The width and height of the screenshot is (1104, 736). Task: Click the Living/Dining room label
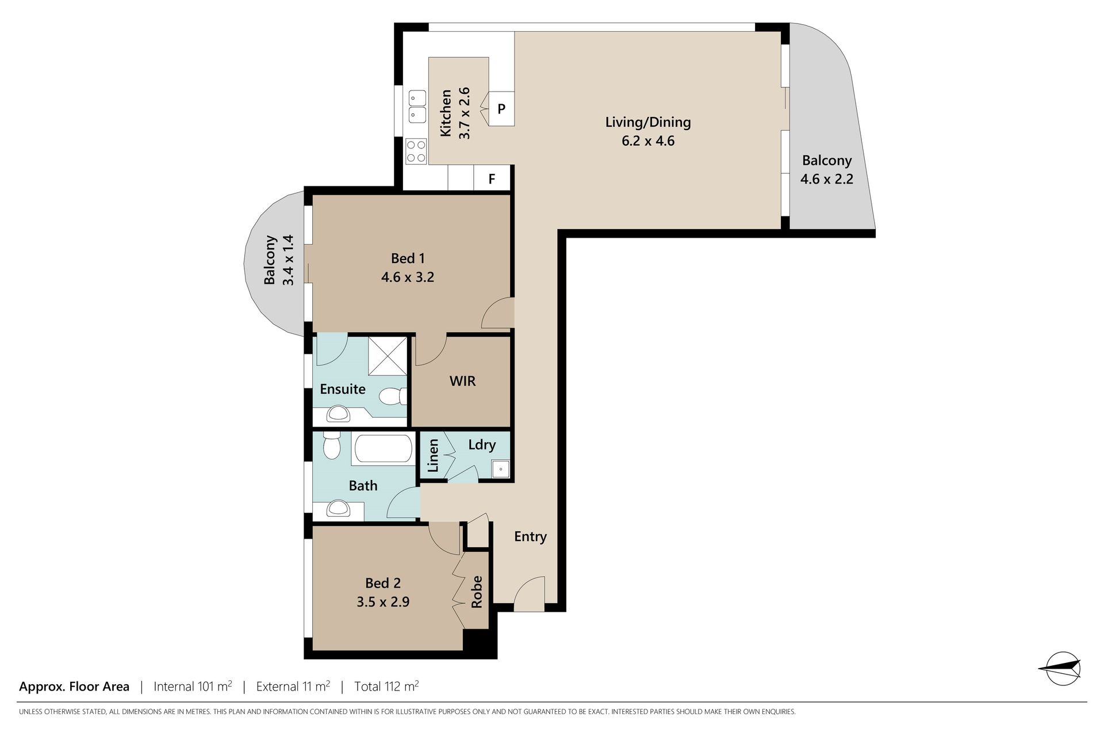(648, 122)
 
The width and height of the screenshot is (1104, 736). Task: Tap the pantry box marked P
(501, 108)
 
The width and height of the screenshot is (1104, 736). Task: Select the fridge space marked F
(492, 179)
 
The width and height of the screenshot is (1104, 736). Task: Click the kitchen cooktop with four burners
(416, 151)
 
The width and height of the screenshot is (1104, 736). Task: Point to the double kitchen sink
(416, 106)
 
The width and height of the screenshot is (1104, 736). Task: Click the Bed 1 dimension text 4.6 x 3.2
(408, 277)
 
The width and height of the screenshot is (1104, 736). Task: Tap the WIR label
(463, 381)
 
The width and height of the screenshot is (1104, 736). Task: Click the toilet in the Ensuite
(394, 396)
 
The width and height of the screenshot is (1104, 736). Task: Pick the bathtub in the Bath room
(383, 449)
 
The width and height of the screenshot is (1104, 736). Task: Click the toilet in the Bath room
(331, 446)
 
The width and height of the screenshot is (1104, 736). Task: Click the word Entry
(530, 536)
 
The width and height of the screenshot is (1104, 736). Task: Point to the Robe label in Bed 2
(477, 592)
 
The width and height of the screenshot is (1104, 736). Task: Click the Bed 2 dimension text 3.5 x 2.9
(383, 602)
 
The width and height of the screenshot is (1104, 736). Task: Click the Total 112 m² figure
(386, 686)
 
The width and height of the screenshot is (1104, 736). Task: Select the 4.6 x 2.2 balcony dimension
(827, 179)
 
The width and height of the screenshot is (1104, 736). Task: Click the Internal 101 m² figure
(193, 686)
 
